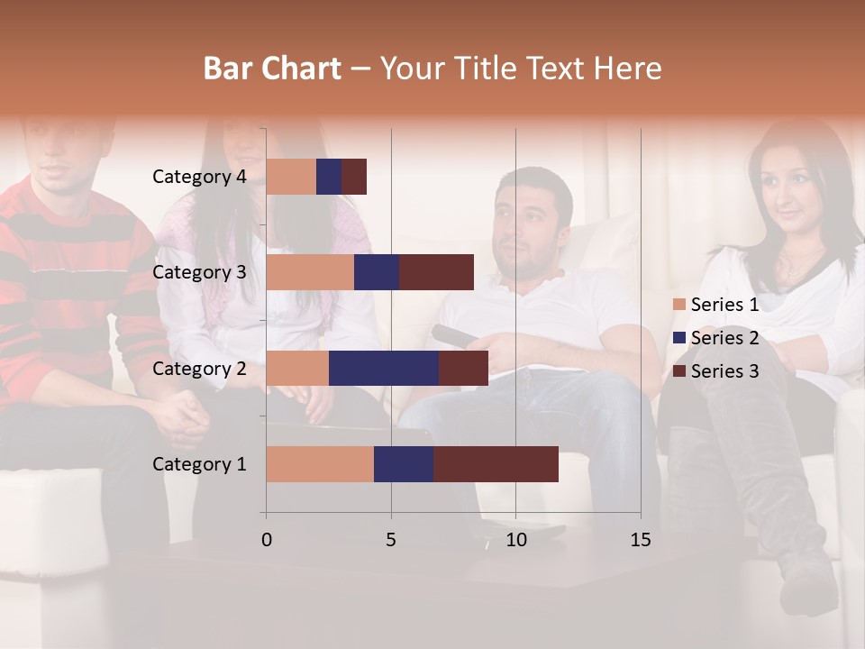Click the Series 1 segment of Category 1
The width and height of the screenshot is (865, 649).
point(320,464)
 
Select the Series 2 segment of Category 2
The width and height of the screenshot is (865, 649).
point(384,368)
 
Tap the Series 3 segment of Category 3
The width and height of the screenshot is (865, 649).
point(436,272)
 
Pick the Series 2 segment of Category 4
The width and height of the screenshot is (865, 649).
point(329,177)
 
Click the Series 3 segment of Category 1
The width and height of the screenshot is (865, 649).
point(496,464)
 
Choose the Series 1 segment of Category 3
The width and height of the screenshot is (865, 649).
point(310,272)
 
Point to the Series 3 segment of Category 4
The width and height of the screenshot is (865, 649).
point(354,177)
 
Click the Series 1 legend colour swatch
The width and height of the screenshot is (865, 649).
point(679,305)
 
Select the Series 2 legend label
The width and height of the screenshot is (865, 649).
point(724,338)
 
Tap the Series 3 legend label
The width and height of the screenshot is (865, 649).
point(724,370)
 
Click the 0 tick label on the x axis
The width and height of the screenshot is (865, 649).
point(267,540)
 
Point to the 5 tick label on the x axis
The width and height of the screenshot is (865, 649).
point(391,540)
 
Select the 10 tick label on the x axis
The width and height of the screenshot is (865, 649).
point(515,540)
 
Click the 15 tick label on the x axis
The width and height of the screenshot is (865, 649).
point(641,540)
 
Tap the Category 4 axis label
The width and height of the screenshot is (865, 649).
point(199,177)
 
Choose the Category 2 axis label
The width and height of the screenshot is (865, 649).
point(199,368)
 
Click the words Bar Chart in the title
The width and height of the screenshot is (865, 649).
point(272,69)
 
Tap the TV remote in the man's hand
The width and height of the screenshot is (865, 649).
point(455,337)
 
